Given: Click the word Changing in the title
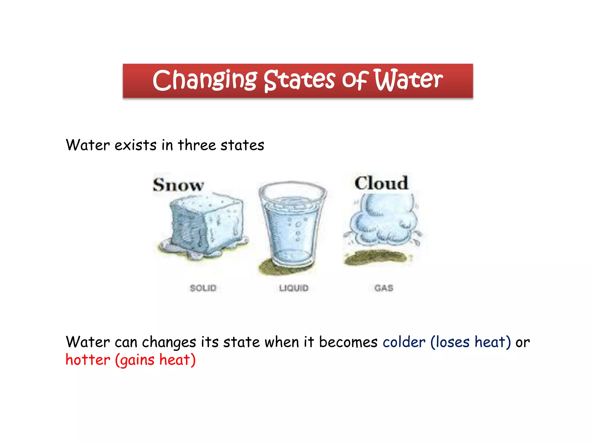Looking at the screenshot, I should [x=204, y=80].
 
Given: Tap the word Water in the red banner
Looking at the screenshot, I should [x=408, y=80].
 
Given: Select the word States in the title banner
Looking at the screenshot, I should [x=300, y=80].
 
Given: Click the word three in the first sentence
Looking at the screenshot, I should [x=197, y=145].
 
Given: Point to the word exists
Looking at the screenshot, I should [x=135, y=145].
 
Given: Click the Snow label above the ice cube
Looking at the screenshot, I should [x=178, y=185].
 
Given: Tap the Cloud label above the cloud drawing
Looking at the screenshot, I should [x=381, y=183].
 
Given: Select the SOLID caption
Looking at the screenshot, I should [x=203, y=288].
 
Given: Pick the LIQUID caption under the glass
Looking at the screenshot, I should [x=293, y=288].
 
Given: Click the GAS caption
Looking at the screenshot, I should [x=384, y=288].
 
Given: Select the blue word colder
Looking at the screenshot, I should [x=404, y=342].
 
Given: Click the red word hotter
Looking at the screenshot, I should [x=88, y=360].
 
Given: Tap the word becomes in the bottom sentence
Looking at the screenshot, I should [x=348, y=342].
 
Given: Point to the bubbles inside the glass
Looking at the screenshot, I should [x=298, y=229].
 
